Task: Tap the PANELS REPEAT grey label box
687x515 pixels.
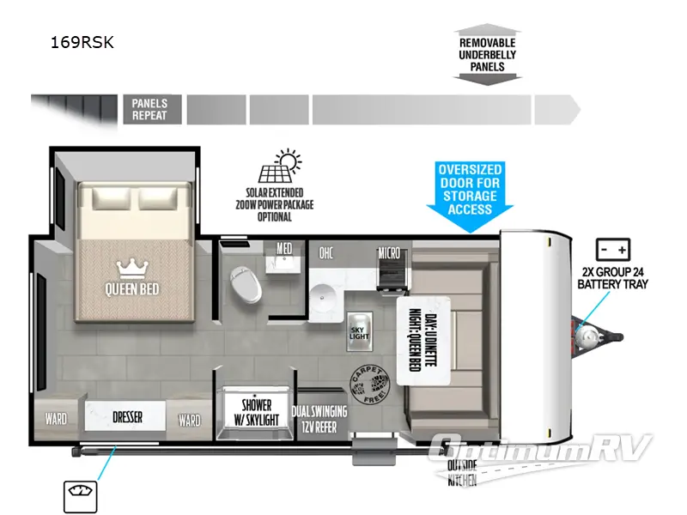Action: click(151, 110)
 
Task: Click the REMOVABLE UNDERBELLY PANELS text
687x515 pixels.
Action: click(487, 55)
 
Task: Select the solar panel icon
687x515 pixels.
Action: click(283, 167)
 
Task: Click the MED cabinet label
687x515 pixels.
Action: click(284, 249)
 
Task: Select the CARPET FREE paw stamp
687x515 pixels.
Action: click(367, 380)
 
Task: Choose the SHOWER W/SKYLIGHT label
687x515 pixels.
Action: click(256, 412)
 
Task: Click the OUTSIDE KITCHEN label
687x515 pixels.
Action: click(462, 473)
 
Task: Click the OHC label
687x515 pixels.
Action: click(326, 252)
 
